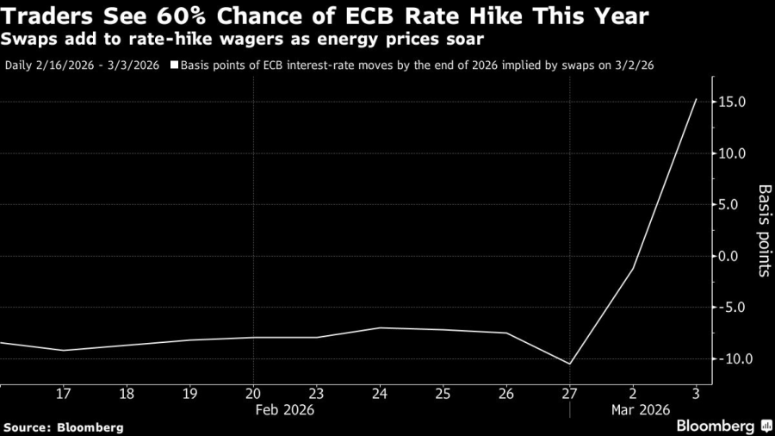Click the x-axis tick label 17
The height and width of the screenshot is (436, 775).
[x=62, y=393]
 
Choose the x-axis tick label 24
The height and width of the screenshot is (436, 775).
[x=380, y=393]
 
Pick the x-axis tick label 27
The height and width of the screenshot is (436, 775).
[x=569, y=393]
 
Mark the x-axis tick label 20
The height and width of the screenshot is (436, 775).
[x=252, y=393]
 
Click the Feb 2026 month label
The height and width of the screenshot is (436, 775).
[x=284, y=410]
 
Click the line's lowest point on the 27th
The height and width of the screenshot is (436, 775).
[x=569, y=364]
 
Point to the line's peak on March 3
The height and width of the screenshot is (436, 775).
[x=696, y=99]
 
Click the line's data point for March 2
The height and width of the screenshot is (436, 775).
[x=633, y=269]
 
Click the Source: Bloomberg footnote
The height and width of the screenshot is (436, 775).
[x=63, y=427]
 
